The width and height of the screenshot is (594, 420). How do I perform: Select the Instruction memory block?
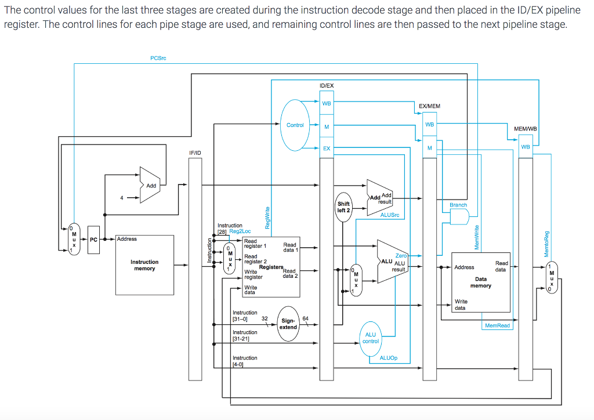[x=144, y=265]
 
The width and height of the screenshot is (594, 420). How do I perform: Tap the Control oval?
[x=295, y=125]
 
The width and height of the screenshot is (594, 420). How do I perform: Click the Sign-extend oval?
[x=288, y=324]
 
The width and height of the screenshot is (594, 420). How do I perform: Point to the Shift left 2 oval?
[x=343, y=207]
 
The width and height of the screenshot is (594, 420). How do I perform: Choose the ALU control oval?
[x=371, y=338]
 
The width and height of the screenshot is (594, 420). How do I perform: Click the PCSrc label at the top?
[x=158, y=58]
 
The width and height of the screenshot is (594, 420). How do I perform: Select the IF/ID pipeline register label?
[x=195, y=152]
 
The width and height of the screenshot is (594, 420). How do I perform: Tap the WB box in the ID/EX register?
[x=327, y=104]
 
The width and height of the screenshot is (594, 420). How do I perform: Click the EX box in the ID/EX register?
[x=327, y=148]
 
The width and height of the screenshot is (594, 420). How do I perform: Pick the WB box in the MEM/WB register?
[x=526, y=147]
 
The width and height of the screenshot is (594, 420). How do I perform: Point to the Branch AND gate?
[x=459, y=216]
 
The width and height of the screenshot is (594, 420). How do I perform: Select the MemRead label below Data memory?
[x=497, y=325]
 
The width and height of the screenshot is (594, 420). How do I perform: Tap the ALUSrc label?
[x=389, y=215]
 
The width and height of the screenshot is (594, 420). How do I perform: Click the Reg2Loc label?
[x=240, y=231]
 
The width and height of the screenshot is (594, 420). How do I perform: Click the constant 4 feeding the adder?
[x=121, y=198]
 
